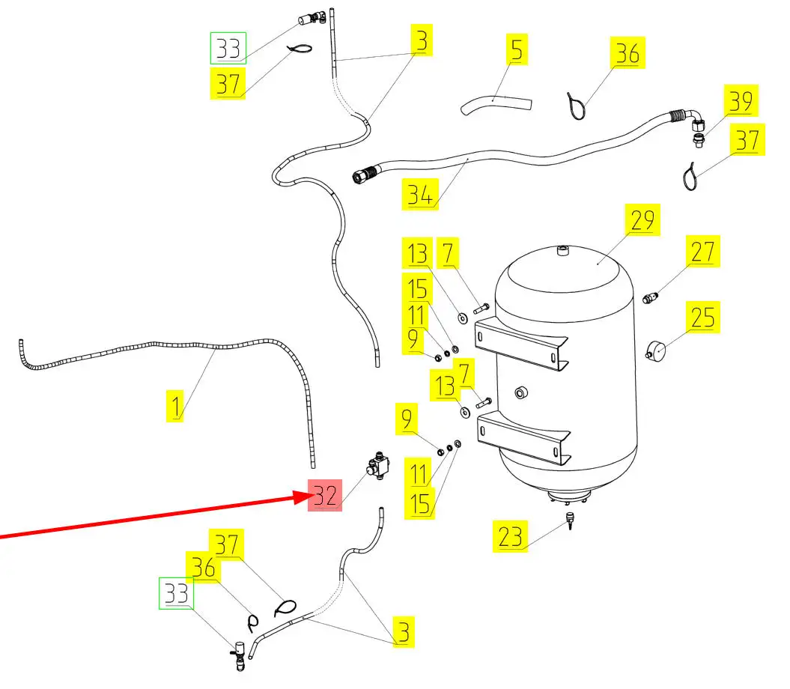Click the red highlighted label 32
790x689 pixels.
(x=325, y=495)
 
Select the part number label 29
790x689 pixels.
(x=642, y=221)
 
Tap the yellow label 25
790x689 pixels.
(x=702, y=318)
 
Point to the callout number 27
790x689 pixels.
(x=702, y=252)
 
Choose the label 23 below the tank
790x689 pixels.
(x=510, y=536)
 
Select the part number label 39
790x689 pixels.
(x=741, y=100)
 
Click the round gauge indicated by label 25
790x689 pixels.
(x=657, y=350)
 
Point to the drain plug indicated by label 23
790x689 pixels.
(x=571, y=518)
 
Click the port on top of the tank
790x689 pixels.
(x=563, y=250)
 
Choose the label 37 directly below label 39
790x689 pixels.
(x=747, y=141)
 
